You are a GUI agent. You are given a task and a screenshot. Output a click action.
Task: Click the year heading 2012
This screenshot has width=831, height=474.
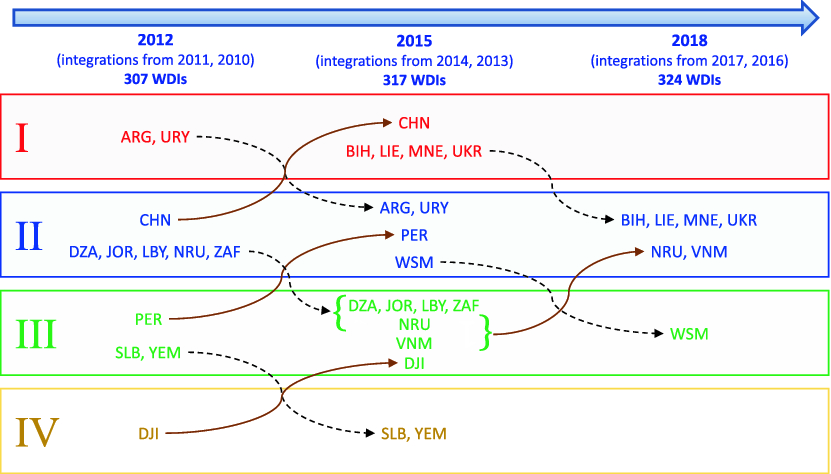155,41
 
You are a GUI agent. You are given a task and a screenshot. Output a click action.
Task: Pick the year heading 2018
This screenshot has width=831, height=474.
690,41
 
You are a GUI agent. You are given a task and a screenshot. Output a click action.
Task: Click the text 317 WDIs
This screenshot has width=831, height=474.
414,79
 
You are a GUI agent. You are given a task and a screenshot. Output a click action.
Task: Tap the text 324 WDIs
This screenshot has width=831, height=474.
689,79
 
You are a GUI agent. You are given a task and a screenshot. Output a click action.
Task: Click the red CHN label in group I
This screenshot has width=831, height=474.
414,123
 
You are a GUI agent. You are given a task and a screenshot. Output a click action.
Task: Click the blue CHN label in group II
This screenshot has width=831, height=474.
155,219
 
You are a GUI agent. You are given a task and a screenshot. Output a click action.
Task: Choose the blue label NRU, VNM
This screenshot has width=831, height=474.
689,252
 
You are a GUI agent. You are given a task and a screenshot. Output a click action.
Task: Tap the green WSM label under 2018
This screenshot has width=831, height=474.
690,334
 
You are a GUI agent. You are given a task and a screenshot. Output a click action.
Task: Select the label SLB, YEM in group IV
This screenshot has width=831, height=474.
414,433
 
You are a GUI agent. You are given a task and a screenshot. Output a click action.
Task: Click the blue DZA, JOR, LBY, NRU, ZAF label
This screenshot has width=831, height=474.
154,251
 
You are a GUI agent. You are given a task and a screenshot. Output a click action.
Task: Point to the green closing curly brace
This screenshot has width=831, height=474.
485,333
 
